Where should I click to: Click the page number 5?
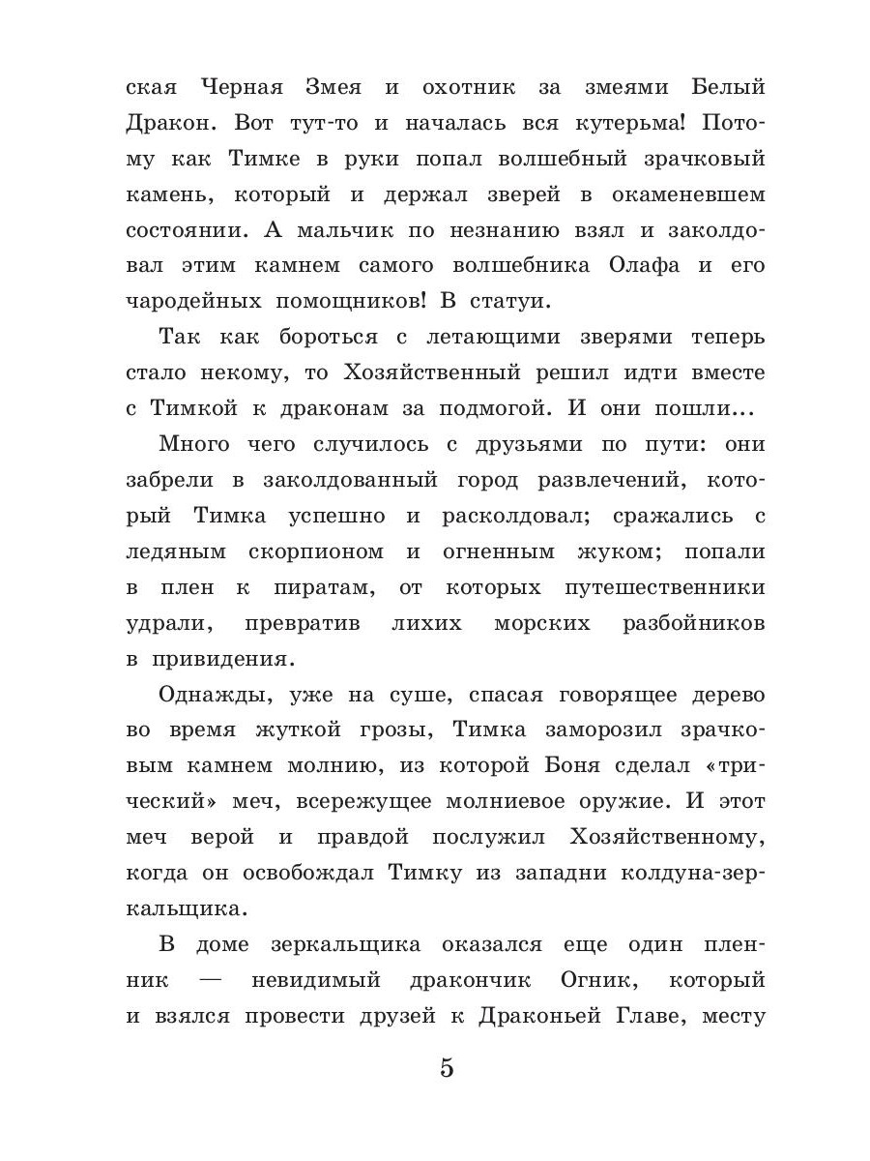click(446, 1069)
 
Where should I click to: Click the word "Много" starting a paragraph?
click(194, 444)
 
